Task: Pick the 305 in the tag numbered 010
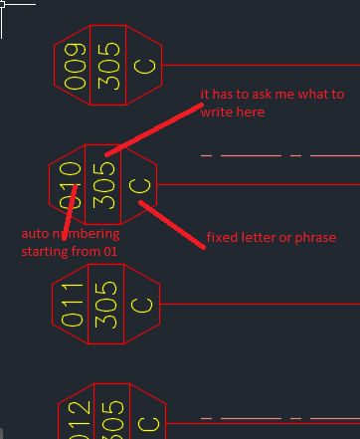[x=102, y=183]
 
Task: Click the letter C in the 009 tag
[x=145, y=67]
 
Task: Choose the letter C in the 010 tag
[x=141, y=185]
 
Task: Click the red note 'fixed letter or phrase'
[x=270, y=237]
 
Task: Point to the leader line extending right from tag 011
[x=259, y=303]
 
